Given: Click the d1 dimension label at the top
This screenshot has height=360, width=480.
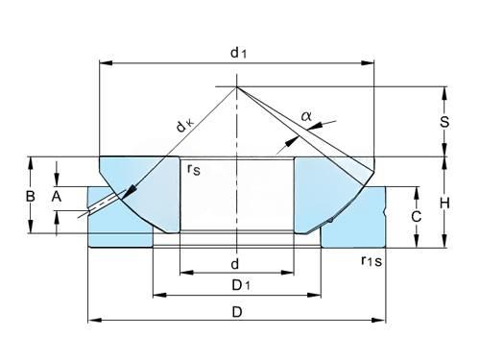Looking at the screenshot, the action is pos(238,53).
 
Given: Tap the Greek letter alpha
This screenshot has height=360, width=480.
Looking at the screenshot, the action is pos(306,116).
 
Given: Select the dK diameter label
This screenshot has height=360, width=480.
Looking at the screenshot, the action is pos(185,125).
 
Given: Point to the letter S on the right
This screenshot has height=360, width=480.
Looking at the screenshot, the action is pos(444,122).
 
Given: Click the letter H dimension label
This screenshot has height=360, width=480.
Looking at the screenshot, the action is pos(444,203).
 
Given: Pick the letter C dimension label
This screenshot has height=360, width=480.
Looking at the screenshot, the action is pos(416,217).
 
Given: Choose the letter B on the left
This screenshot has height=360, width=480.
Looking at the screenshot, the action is pos(30,196).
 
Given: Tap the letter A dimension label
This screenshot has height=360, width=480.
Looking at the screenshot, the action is pos(57,196).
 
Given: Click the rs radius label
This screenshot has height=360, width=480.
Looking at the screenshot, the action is pos(194,169).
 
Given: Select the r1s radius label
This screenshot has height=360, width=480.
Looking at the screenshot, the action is pos(372,261).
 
